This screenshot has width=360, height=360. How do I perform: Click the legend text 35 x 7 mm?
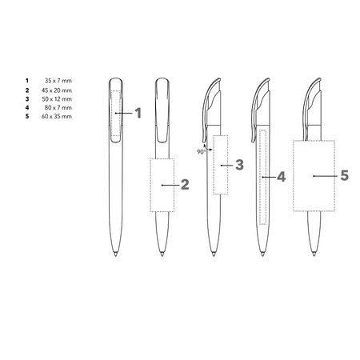(x=58, y=81)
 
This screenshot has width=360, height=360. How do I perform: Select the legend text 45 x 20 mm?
(x=57, y=90)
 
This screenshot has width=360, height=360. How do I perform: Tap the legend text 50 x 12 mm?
(x=57, y=99)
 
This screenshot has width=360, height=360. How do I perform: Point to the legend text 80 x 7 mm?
(x=58, y=107)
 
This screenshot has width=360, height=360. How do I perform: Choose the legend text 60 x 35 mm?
(x=57, y=116)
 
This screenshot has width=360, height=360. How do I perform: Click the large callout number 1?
(x=138, y=113)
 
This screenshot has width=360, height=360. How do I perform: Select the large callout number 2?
(x=185, y=185)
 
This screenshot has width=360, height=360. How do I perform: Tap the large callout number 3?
(x=239, y=165)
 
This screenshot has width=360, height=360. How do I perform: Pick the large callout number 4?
(x=282, y=177)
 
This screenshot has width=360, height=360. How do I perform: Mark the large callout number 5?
(x=345, y=175)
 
